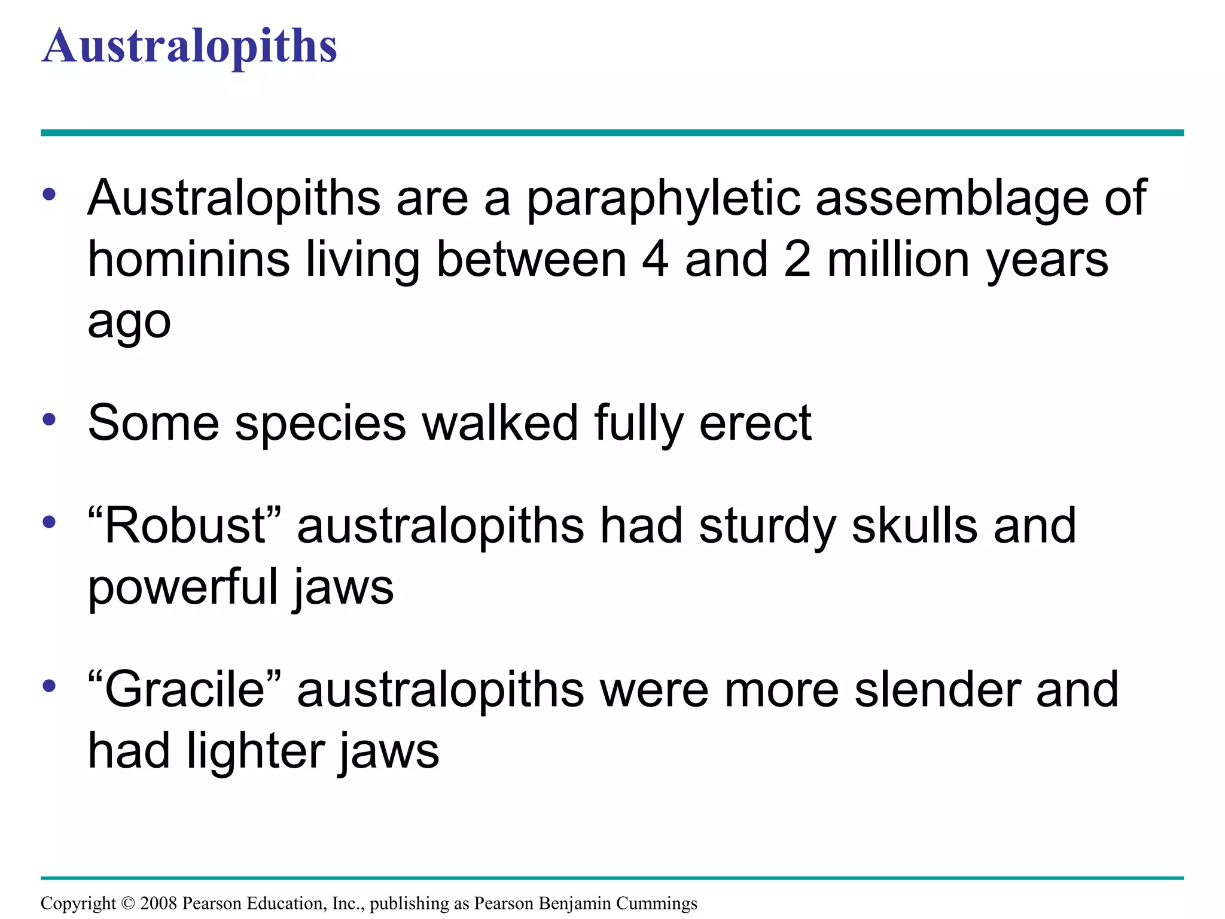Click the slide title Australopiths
190,47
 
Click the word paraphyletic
663,199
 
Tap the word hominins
189,260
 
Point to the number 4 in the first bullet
656,260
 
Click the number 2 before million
797,260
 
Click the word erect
755,423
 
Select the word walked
500,423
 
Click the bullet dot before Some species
50,419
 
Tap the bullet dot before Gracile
50,686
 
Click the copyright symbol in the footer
128,903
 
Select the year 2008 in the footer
159,903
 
